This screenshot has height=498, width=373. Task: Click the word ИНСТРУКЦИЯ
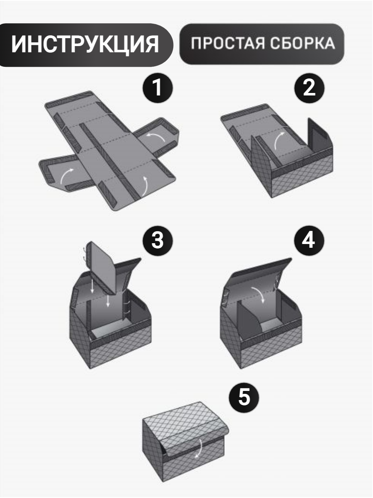(x=85, y=44)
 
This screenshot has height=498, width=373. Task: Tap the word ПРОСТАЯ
(x=228, y=43)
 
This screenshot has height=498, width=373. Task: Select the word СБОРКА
(x=303, y=43)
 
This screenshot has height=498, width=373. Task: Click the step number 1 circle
(x=157, y=88)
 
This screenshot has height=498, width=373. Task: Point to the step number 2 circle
(x=309, y=88)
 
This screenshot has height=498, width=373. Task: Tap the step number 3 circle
(x=157, y=241)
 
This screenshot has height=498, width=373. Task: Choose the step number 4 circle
(x=309, y=241)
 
